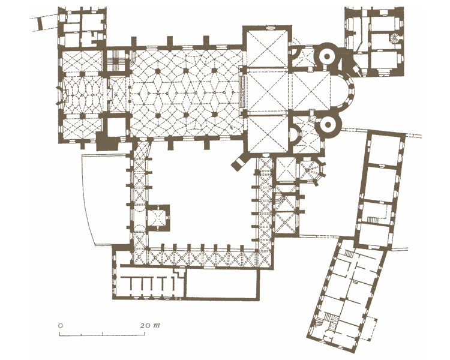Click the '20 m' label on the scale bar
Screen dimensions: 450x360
[x=150, y=325]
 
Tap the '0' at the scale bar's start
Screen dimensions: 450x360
[x=60, y=326]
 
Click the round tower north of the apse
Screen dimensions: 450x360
[x=327, y=56]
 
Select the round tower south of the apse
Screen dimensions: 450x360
[x=328, y=125]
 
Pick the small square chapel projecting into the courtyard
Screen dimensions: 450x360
[x=158, y=218]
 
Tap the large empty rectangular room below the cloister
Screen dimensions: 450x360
[x=221, y=283]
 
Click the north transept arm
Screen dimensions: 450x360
[x=268, y=47]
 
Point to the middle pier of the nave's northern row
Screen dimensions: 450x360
[x=186, y=70]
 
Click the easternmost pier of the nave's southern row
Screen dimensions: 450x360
[x=215, y=115]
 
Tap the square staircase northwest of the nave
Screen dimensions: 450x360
[x=116, y=61]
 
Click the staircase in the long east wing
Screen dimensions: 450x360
[x=373, y=220]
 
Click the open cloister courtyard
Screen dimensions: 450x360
[x=201, y=195]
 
